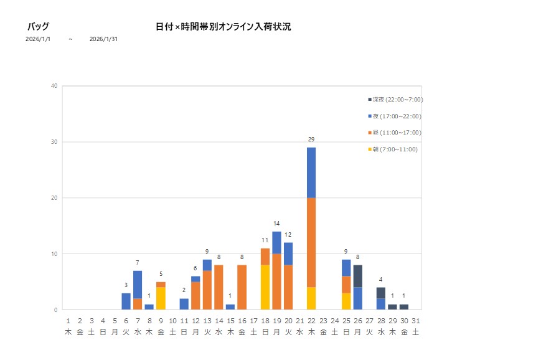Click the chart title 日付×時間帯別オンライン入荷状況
click(x=224, y=27)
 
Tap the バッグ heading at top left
click(x=38, y=27)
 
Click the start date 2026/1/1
click(x=38, y=39)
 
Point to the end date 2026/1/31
click(x=103, y=39)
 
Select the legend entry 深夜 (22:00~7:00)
click(x=395, y=100)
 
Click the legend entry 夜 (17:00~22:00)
click(x=395, y=116)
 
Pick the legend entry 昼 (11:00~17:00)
click(x=395, y=133)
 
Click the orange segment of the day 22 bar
click(x=311, y=242)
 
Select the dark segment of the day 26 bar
click(x=358, y=276)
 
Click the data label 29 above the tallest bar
click(x=311, y=139)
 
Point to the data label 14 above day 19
click(x=276, y=223)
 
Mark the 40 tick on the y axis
click(x=55, y=86)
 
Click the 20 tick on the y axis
click(x=55, y=198)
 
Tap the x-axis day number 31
click(x=415, y=321)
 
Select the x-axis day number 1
click(x=68, y=321)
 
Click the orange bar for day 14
click(x=219, y=287)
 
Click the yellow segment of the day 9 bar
click(x=161, y=298)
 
